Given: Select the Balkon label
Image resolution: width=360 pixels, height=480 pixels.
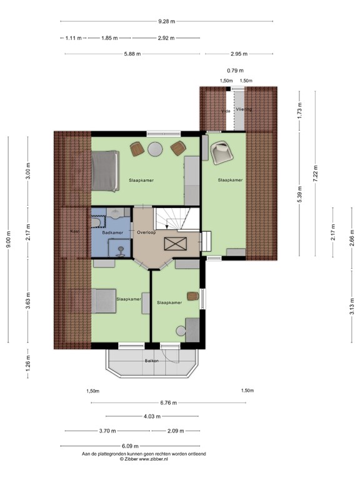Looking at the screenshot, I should click(x=152, y=361).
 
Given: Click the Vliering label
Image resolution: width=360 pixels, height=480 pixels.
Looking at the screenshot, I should click(x=244, y=109).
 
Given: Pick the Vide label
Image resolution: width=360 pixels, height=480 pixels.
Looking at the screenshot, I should click(x=225, y=111).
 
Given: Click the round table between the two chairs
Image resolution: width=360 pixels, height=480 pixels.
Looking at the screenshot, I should click(x=156, y=149).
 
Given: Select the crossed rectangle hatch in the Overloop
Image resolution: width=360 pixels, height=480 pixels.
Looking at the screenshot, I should click(x=174, y=243).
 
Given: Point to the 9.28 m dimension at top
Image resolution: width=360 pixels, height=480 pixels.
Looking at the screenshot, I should click(x=166, y=21).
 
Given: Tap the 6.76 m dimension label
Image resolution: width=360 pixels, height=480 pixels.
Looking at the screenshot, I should click(x=168, y=402).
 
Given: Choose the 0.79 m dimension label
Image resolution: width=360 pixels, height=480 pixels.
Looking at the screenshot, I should click(x=236, y=71).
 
